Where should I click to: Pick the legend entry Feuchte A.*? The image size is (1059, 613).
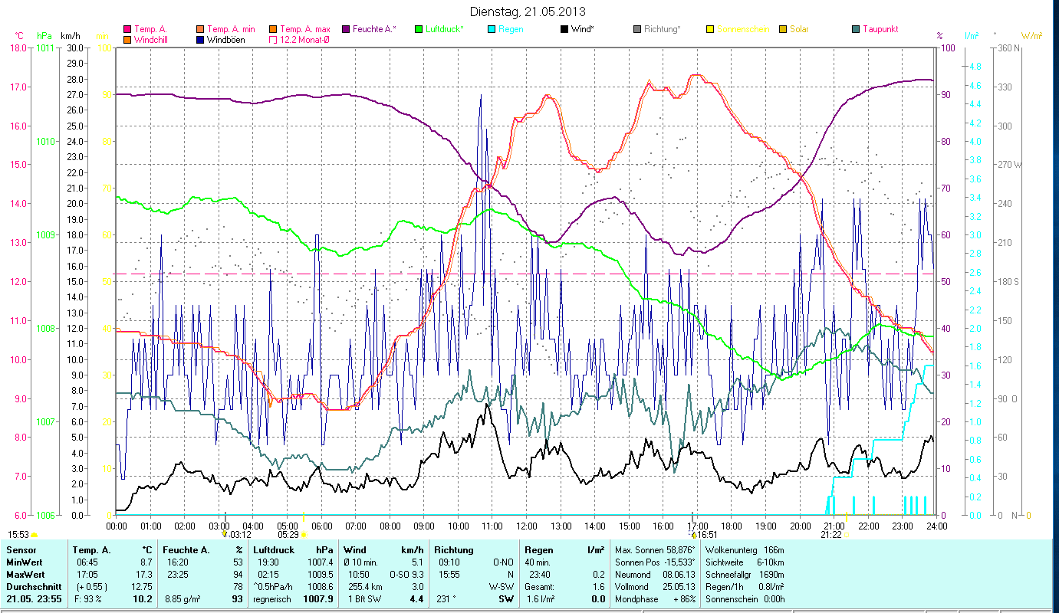coord(375,29)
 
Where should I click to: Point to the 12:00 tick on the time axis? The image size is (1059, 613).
coord(527,526)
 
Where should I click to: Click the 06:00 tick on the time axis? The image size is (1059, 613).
coord(321,526)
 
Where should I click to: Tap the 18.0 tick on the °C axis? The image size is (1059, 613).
coord(18,48)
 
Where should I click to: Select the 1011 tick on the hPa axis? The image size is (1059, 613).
coord(44,48)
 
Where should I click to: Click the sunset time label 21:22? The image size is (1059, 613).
coord(831,535)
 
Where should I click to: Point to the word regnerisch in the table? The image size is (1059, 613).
coord(272,598)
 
